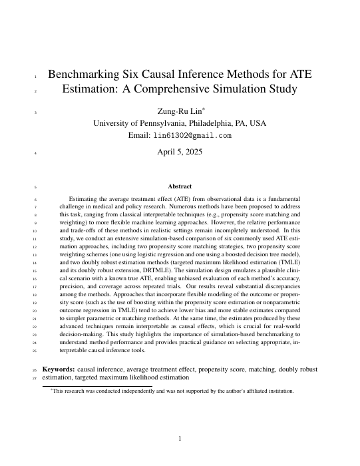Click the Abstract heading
[x=180, y=186]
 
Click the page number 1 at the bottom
[x=180, y=437]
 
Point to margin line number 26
[x=35, y=368]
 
